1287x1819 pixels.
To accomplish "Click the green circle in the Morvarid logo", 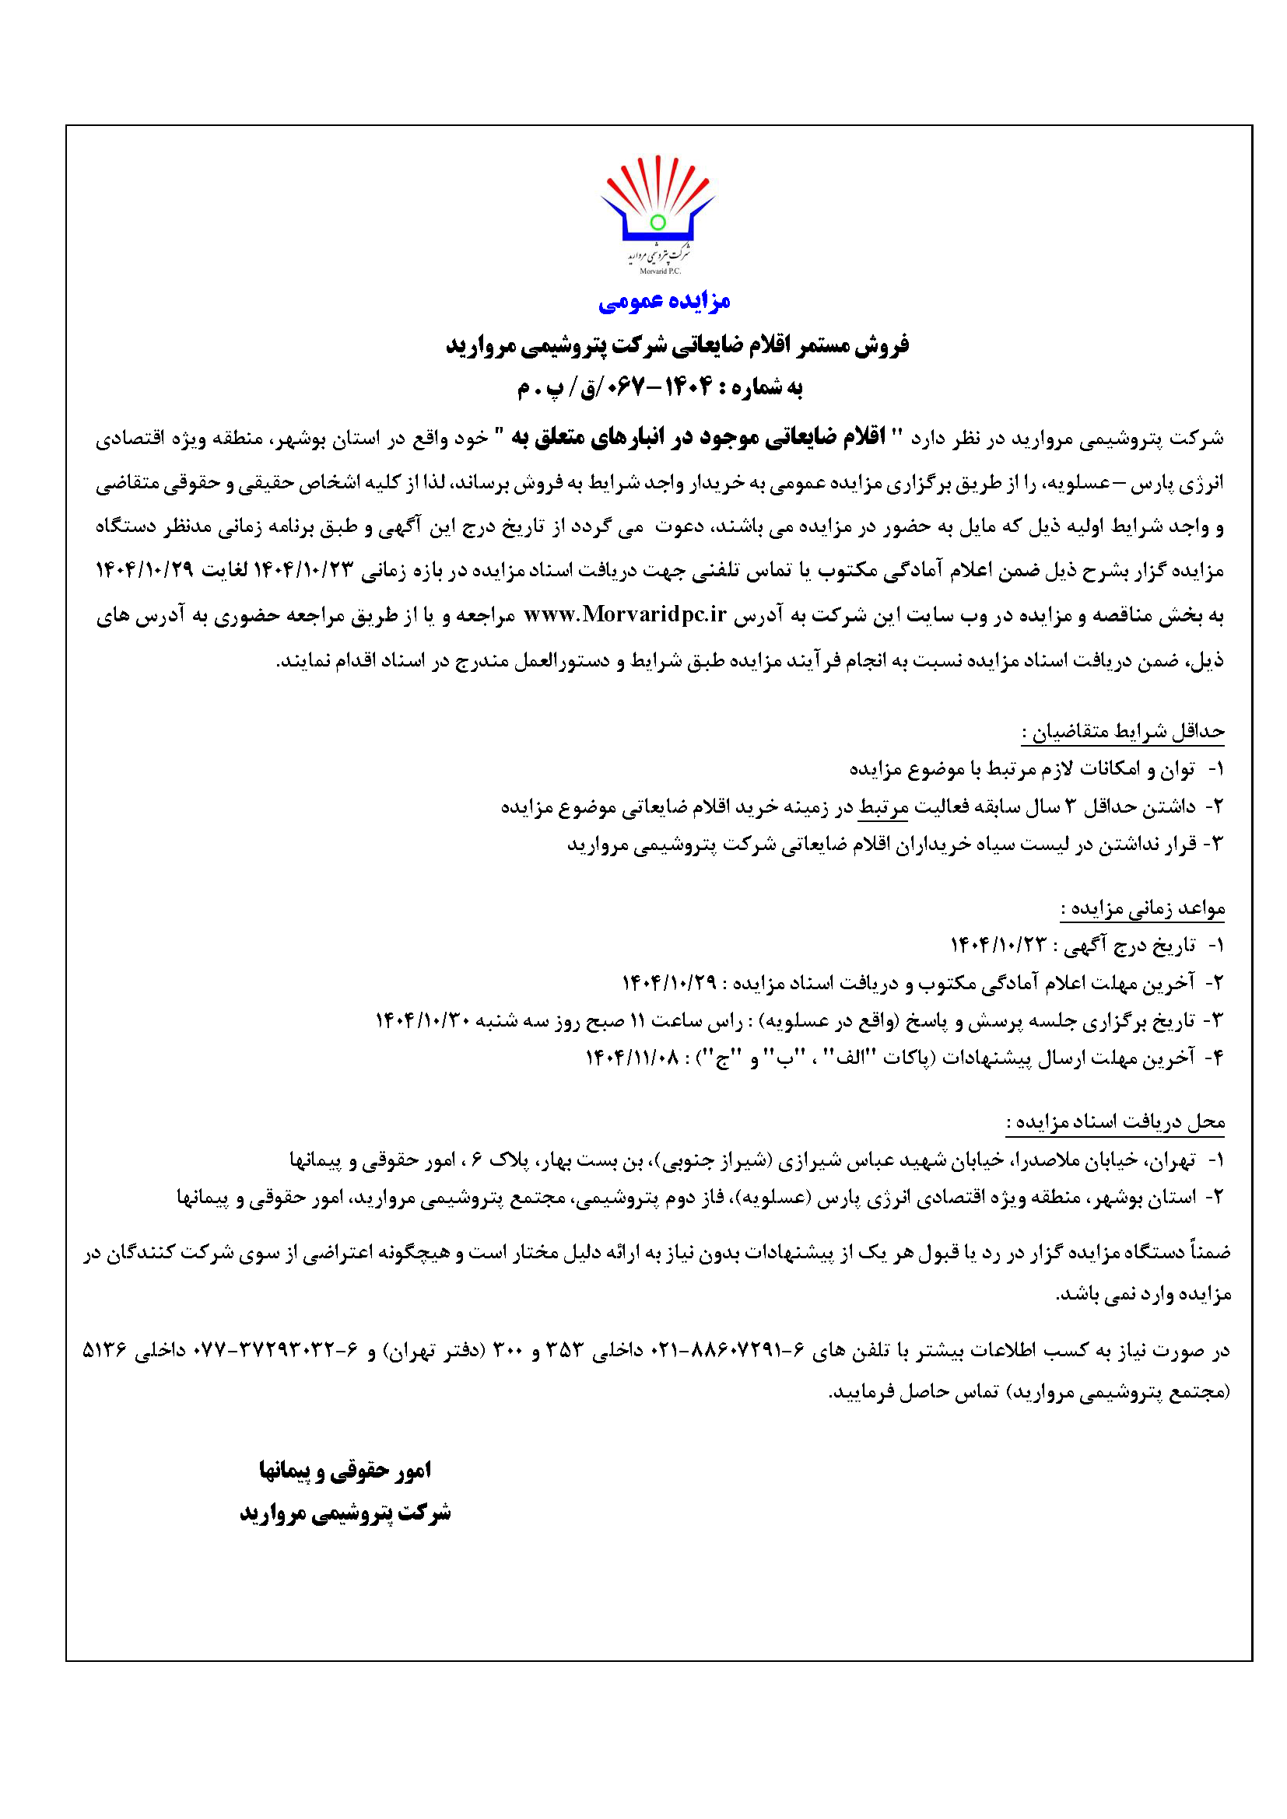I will click(x=657, y=222).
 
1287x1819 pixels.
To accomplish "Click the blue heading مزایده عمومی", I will click(x=664, y=300).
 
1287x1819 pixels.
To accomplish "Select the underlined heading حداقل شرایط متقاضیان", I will click(x=1122, y=731).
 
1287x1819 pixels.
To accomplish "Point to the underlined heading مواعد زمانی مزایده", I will click(x=1143, y=908).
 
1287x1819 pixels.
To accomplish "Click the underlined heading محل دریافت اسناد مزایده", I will click(x=1116, y=1122).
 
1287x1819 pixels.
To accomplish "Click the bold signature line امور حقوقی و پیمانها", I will click(x=345, y=1471).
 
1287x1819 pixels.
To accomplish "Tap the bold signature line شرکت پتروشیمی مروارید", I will click(x=345, y=1513).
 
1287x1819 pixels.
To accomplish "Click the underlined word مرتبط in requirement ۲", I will click(x=883, y=807).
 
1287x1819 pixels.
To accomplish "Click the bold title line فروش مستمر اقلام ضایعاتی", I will click(x=678, y=345).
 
